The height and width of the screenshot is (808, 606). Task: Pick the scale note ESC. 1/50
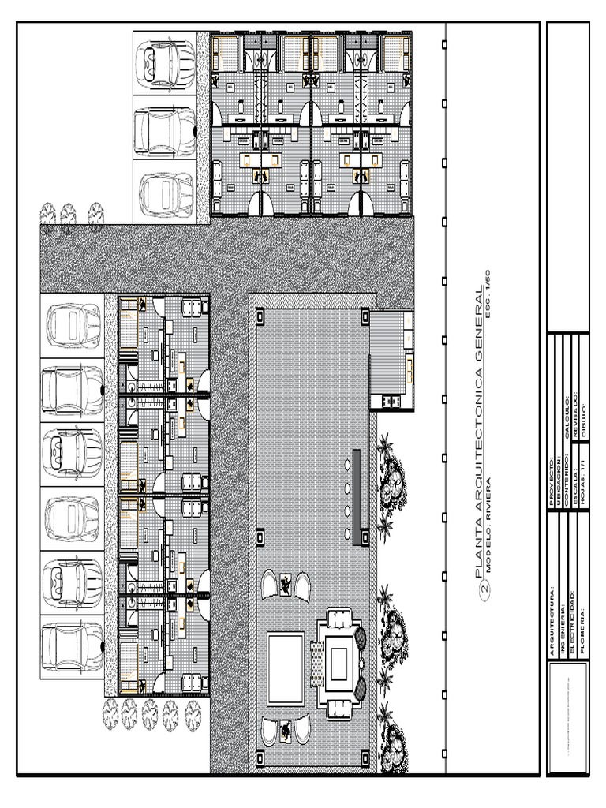pyautogui.click(x=488, y=294)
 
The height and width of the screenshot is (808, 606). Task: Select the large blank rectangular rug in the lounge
pyautogui.click(x=285, y=668)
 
